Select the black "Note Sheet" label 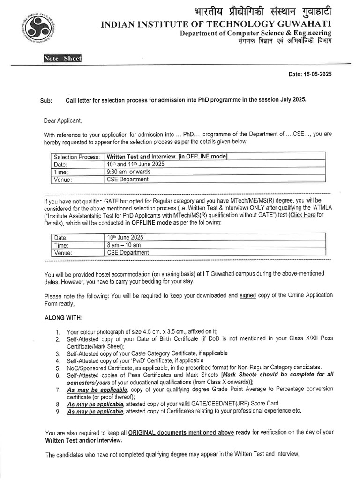click(62, 59)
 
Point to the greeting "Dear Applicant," click(63, 120)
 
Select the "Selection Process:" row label click(77, 157)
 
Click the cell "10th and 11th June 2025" click(135, 164)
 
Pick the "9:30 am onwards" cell click(129, 172)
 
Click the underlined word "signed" click(247, 295)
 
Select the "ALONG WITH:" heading click(63, 318)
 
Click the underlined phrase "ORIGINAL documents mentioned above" click(180, 432)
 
